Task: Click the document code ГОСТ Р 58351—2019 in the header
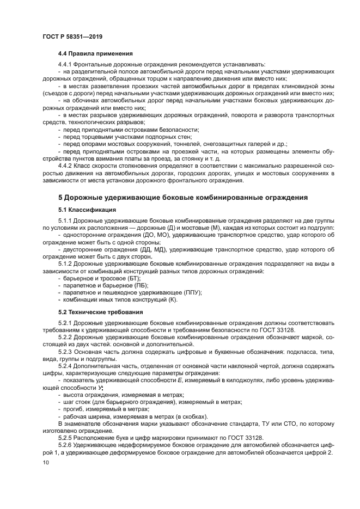click(72, 36)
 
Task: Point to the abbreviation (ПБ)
click(141, 285)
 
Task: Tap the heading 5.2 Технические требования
click(100, 312)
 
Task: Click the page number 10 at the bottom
click(46, 463)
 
